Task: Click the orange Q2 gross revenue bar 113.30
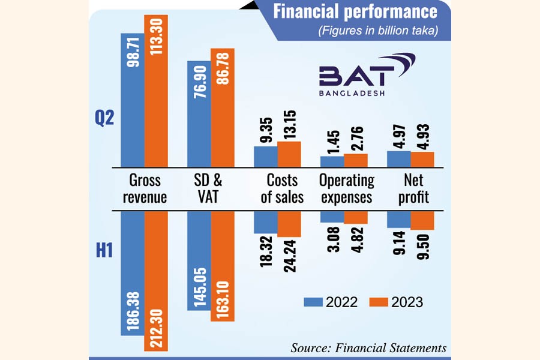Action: pos(156,90)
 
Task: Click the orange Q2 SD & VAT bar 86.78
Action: pos(222,107)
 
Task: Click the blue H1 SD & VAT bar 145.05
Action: pos(199,260)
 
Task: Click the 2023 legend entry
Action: pos(395,302)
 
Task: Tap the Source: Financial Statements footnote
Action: pos(368,347)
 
